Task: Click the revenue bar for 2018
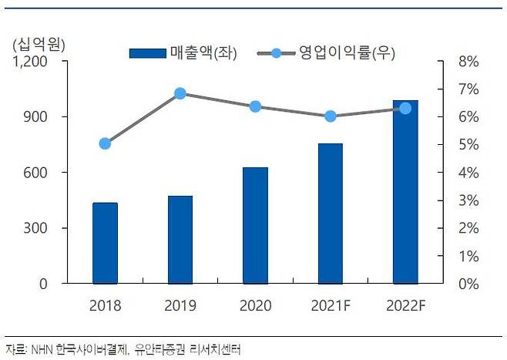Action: tap(105, 243)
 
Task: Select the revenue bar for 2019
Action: tap(180, 240)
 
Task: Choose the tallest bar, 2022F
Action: tap(405, 192)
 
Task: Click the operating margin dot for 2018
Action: tap(105, 143)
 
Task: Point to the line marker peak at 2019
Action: tap(180, 93)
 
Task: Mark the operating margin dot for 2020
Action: tap(255, 106)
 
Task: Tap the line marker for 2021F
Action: tap(331, 116)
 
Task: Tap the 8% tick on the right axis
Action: tap(468, 62)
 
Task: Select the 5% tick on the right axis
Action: tap(468, 145)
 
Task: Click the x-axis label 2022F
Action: tap(405, 305)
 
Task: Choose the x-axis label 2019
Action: tap(180, 305)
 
